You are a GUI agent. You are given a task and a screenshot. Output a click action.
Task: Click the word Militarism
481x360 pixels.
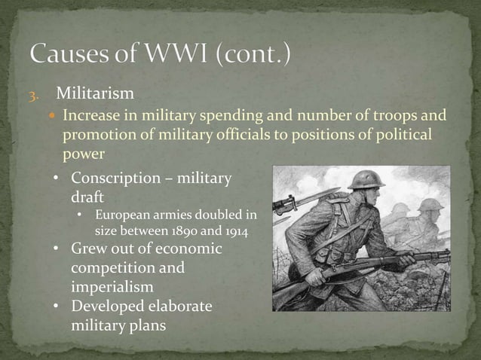click(x=95, y=93)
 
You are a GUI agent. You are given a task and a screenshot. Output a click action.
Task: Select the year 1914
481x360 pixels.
click(x=234, y=230)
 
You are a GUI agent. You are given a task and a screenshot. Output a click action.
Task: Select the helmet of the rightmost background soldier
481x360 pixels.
click(x=430, y=204)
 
